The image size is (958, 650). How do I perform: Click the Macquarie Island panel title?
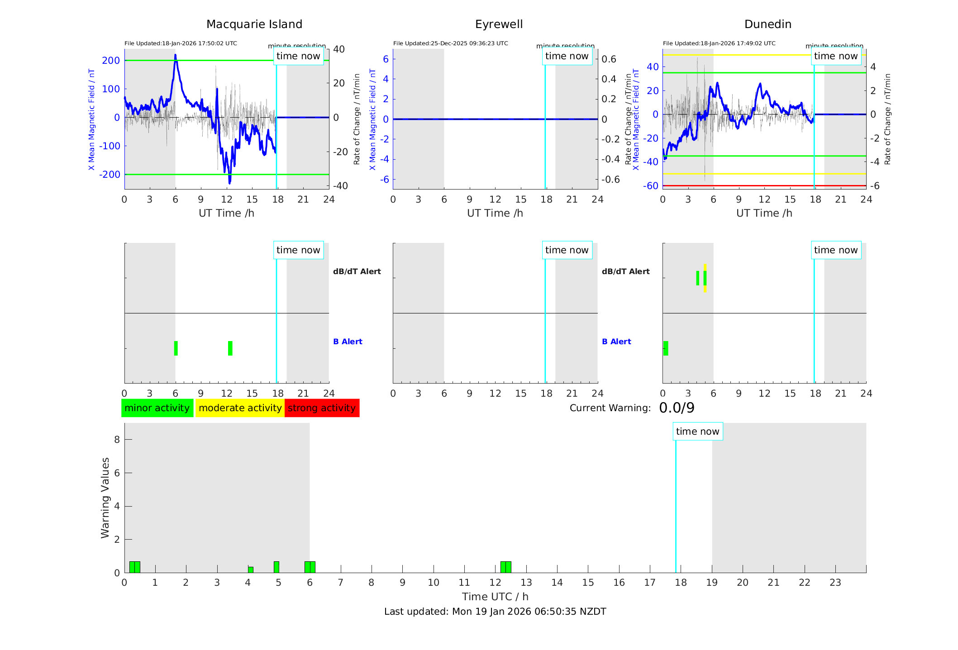point(254,24)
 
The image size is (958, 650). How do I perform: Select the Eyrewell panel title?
point(499,24)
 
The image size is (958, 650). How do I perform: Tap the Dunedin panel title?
point(767,24)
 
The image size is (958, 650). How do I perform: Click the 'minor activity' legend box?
point(157,408)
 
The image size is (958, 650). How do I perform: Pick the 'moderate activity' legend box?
point(240,408)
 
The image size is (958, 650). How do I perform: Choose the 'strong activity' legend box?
point(322,408)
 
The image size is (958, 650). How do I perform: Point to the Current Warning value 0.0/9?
point(677,408)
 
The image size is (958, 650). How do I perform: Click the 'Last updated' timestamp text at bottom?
point(495,612)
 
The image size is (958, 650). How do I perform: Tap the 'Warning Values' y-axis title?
point(105,498)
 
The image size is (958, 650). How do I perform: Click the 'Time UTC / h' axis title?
point(495,597)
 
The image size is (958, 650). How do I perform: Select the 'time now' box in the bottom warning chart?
point(697,432)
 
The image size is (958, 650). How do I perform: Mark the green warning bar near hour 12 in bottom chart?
point(506,567)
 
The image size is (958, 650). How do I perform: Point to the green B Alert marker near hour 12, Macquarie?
point(230,348)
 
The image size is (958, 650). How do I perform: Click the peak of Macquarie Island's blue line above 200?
point(176,56)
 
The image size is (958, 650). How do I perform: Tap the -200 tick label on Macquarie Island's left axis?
point(110,175)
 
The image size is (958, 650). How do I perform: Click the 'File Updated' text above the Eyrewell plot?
point(450,43)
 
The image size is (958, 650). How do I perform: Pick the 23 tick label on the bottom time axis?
point(835,583)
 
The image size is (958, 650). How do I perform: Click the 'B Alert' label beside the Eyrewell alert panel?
point(616,342)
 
